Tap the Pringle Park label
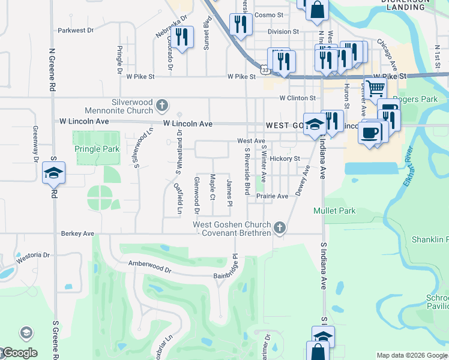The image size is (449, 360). pyautogui.click(x=97, y=149)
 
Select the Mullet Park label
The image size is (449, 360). pyautogui.click(x=334, y=211)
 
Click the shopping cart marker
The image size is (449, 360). pyautogui.click(x=376, y=88)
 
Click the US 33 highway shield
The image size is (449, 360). pyautogui.click(x=264, y=70)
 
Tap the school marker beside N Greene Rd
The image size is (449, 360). pyautogui.click(x=53, y=173)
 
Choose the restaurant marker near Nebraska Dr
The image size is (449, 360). pyautogui.click(x=182, y=38)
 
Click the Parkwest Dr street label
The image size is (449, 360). pyautogui.click(x=76, y=29)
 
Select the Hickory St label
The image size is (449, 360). pyautogui.click(x=285, y=158)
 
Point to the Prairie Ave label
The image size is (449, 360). pyautogui.click(x=273, y=196)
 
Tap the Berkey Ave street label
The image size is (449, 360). pyautogui.click(x=77, y=233)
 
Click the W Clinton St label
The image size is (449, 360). pyautogui.click(x=297, y=98)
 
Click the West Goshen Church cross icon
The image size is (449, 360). pyautogui.click(x=279, y=227)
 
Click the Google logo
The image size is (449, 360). pyautogui.click(x=19, y=353)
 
